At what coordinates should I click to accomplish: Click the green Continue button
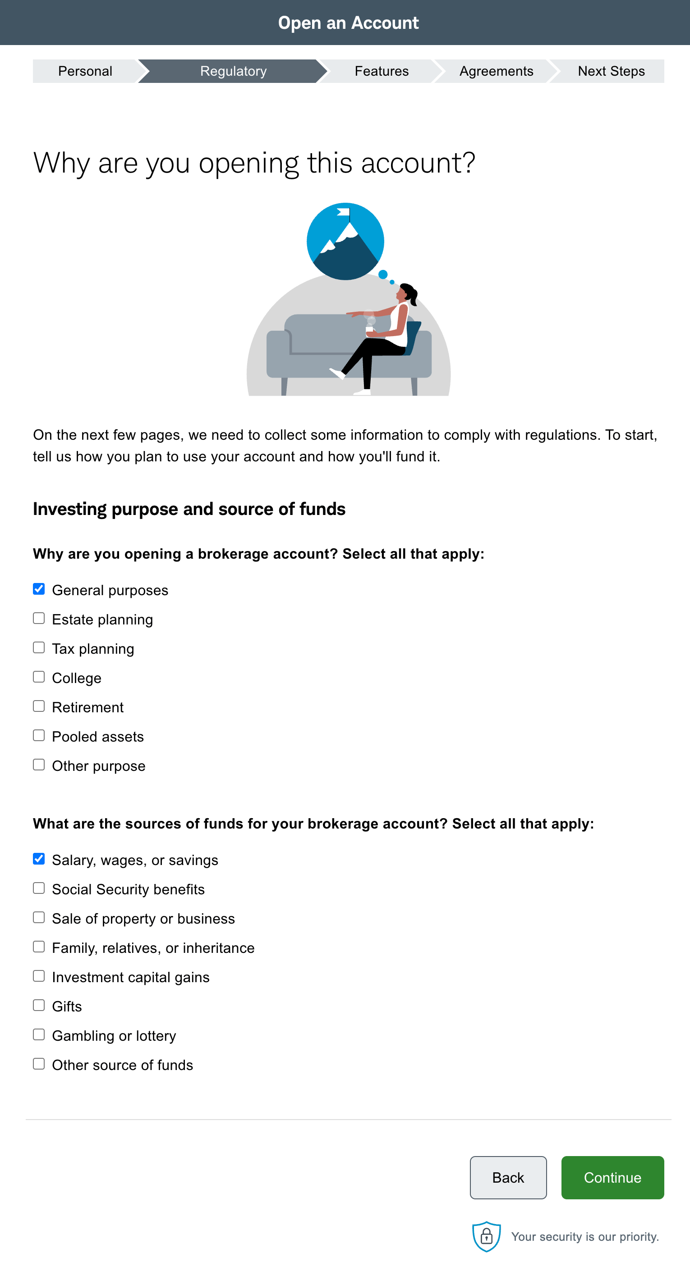click(612, 1177)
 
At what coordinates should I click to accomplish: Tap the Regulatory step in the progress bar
click(233, 71)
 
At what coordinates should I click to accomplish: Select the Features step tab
click(381, 71)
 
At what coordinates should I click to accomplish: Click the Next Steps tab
click(611, 71)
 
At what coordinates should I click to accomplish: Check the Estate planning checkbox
click(39, 618)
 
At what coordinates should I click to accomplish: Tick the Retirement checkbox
click(39, 706)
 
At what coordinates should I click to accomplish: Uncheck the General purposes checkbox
click(39, 589)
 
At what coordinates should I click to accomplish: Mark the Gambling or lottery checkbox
click(39, 1034)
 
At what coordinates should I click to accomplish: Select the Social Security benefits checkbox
click(39, 888)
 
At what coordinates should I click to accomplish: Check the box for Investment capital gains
click(39, 976)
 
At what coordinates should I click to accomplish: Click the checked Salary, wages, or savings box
click(39, 859)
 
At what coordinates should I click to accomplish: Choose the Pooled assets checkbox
click(39, 735)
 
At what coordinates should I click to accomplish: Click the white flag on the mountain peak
click(344, 212)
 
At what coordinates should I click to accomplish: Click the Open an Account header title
click(348, 23)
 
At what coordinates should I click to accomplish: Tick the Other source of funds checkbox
click(39, 1064)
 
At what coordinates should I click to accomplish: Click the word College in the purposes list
click(77, 678)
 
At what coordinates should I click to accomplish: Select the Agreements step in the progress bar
click(496, 71)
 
